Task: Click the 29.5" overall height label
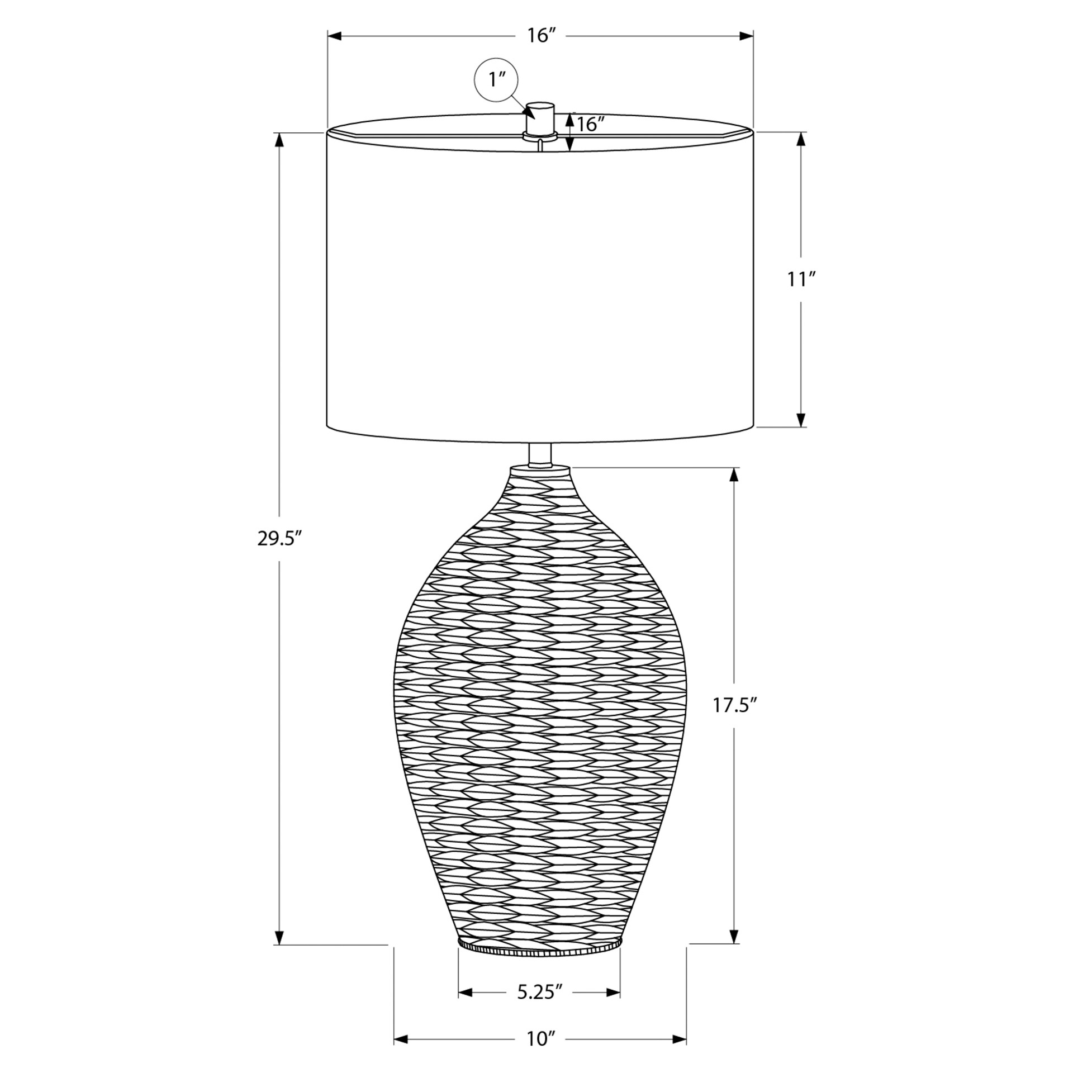click(x=279, y=538)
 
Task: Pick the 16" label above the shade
click(x=541, y=36)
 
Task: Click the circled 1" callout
click(x=496, y=80)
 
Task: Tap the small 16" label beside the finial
click(x=591, y=124)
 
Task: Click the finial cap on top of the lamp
click(x=540, y=118)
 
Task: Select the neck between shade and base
click(x=540, y=455)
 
